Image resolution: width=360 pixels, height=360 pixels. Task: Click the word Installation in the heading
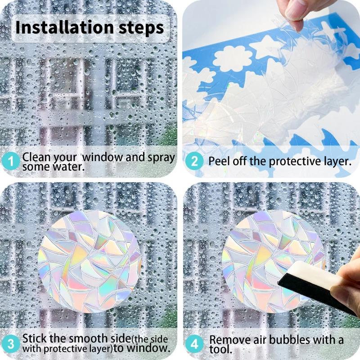point(65,27)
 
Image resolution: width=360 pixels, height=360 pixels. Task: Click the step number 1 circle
point(10,162)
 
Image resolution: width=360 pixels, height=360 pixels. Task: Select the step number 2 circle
point(194,162)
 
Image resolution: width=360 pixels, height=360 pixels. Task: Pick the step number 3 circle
point(10,344)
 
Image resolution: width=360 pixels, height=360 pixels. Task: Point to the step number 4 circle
point(194,344)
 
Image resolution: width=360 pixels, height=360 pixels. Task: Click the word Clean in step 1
point(36,157)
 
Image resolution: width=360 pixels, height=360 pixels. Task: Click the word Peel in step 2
point(219,161)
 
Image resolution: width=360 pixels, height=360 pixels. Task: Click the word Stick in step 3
point(35,338)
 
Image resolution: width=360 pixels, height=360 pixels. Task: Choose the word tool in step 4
point(220,350)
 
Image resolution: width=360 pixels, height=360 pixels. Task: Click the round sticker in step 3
point(90,261)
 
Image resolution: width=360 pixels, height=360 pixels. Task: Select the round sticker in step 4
point(273,261)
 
